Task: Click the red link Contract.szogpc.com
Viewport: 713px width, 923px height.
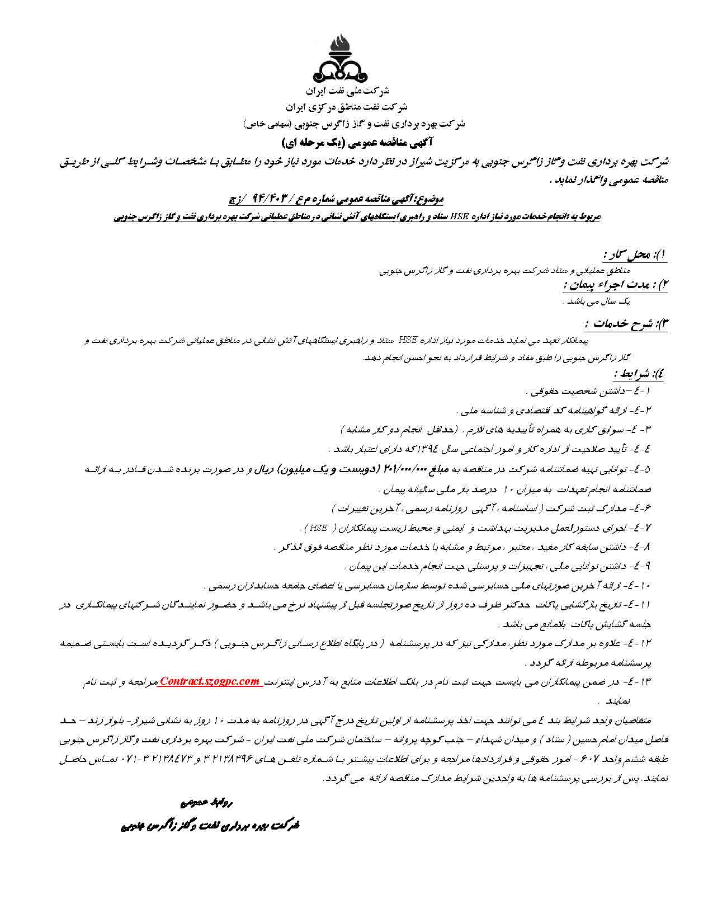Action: (x=210, y=681)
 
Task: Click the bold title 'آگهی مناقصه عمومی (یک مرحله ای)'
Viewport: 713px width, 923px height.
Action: (x=357, y=141)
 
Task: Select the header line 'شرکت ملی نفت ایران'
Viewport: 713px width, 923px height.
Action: (x=356, y=91)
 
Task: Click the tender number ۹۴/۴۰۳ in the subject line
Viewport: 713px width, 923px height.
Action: (x=273, y=198)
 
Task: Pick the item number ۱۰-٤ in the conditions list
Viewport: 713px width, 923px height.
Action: (x=643, y=587)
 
